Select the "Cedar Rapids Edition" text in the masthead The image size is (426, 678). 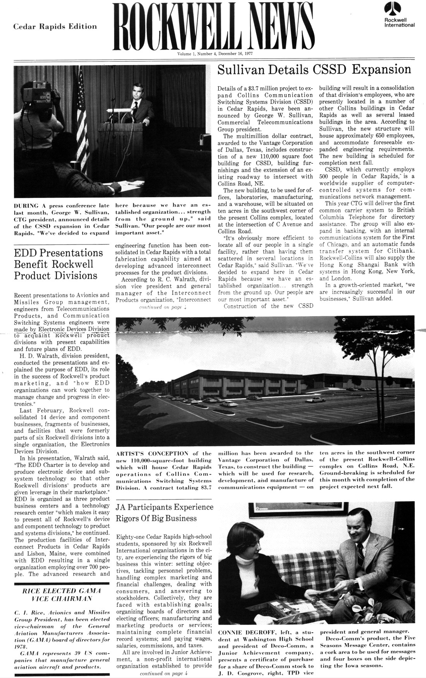[55, 27]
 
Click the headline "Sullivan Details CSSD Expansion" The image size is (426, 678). [314, 70]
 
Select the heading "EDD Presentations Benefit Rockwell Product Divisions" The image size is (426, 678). [58, 264]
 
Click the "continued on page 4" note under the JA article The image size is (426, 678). [164, 673]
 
